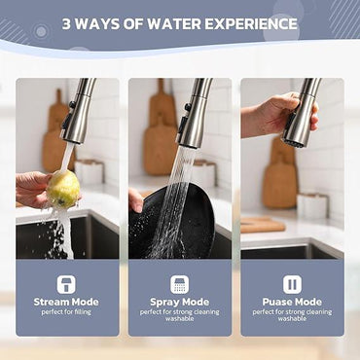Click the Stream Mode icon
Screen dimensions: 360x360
[67, 284]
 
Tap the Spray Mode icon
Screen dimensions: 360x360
[180, 284]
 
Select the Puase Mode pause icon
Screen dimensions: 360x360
[292, 284]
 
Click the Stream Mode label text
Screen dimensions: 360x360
[67, 303]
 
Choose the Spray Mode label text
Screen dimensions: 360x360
[180, 303]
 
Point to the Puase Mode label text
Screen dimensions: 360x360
[292, 303]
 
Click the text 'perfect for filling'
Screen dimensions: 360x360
[67, 312]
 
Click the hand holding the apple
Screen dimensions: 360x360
[34, 188]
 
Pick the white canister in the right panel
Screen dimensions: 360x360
[314, 205]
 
